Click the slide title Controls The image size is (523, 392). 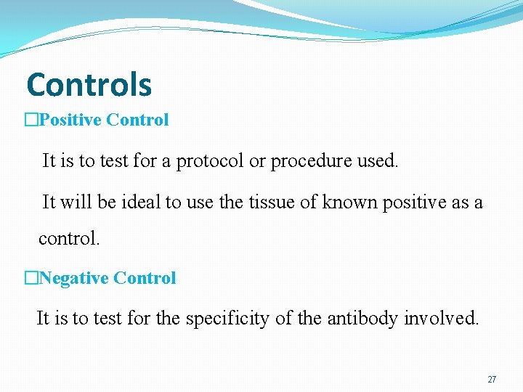point(89,85)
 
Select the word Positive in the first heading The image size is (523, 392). point(70,120)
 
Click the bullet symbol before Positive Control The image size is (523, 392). point(31,120)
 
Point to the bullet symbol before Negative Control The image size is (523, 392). point(31,278)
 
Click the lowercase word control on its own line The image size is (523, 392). point(69,238)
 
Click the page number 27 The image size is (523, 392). point(492,380)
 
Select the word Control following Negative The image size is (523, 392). point(145,278)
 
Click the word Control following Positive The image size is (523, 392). point(137,120)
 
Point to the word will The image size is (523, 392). point(76,203)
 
